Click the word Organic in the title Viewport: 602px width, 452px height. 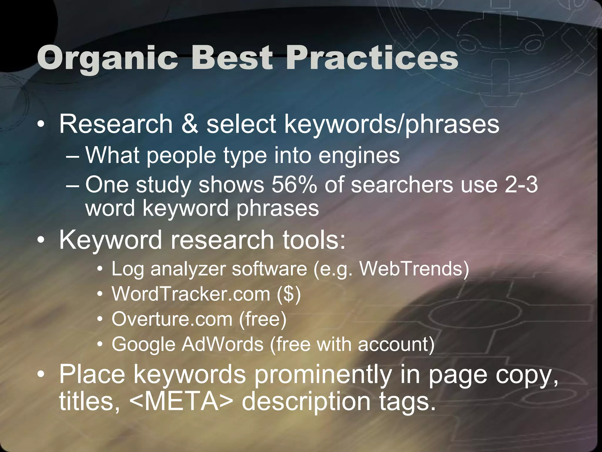[x=108, y=58]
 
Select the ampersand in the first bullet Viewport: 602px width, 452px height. [x=190, y=124]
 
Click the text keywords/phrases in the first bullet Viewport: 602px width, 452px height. [x=392, y=124]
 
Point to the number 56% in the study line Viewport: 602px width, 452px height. [x=294, y=185]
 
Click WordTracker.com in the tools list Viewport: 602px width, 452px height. [x=191, y=294]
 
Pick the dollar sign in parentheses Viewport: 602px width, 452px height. [x=289, y=294]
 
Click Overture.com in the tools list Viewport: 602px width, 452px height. [x=172, y=319]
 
